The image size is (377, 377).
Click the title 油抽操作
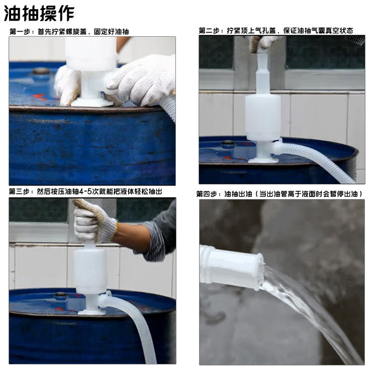pos(39,13)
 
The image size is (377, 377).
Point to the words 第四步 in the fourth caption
pos(209,194)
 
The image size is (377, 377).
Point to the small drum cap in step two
pos(229,143)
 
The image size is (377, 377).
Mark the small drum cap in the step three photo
pos(61,295)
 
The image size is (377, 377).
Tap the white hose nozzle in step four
pos(231,266)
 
